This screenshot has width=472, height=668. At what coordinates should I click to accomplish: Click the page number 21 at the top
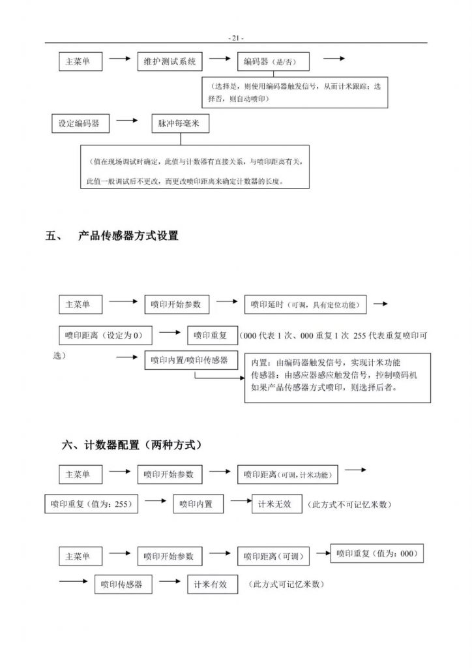pos(236,38)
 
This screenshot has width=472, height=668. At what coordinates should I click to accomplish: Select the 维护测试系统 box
pos(169,61)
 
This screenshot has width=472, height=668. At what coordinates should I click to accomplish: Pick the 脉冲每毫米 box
pos(179,123)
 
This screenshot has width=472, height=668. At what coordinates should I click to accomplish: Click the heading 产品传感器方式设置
pos(128,236)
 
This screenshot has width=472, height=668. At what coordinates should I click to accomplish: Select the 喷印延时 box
pos(306,304)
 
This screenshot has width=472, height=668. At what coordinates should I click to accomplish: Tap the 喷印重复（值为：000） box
pos(376,554)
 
